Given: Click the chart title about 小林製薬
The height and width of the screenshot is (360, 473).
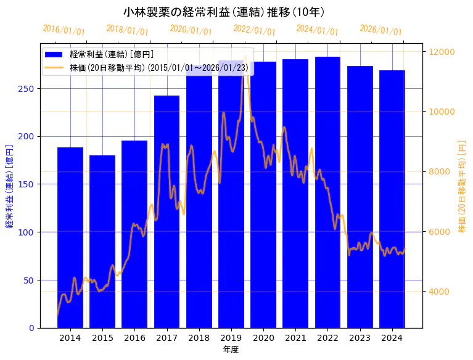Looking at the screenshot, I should pos(224,12).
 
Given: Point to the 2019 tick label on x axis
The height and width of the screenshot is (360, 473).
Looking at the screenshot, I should pos(231,338).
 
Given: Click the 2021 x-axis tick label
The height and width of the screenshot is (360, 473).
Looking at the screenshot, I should pos(295,338).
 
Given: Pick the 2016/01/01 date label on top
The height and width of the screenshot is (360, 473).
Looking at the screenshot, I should pos(64,30).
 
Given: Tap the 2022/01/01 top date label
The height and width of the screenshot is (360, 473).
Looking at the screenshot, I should pos(254,30).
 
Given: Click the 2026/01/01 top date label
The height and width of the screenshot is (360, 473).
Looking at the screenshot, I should pos(380,30).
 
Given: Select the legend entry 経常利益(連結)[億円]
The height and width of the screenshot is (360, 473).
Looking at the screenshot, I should pos(112,55).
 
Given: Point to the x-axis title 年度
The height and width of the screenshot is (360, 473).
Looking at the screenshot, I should pos(231,350).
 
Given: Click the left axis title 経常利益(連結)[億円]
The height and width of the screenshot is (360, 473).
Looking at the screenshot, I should pos(9,186).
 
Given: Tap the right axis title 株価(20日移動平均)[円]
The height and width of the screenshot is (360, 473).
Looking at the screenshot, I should pos(462,186).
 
